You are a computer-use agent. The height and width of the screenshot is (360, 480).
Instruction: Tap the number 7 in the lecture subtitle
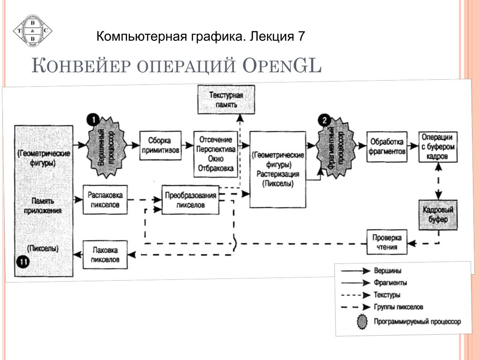(301, 36)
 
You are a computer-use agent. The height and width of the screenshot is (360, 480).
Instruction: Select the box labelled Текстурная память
(227, 99)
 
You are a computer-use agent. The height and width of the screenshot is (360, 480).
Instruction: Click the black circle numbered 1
(94, 120)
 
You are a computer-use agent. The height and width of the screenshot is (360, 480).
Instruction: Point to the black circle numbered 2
(324, 120)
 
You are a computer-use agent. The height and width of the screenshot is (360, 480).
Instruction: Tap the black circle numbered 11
(23, 261)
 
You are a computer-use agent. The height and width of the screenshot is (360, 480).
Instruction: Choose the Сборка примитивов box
(160, 145)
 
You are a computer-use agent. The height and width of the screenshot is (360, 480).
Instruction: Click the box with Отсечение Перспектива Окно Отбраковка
(216, 154)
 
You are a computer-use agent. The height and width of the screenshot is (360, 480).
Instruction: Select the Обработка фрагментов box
(387, 146)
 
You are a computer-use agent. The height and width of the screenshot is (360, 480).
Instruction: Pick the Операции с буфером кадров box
(437, 147)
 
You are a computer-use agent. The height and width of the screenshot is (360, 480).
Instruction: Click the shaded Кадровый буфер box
(437, 214)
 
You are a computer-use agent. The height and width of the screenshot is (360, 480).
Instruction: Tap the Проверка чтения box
(387, 242)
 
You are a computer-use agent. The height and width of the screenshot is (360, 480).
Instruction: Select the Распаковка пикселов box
(105, 200)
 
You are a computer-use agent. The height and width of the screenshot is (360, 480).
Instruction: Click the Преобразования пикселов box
(190, 200)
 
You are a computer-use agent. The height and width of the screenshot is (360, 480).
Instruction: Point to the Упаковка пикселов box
(105, 254)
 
